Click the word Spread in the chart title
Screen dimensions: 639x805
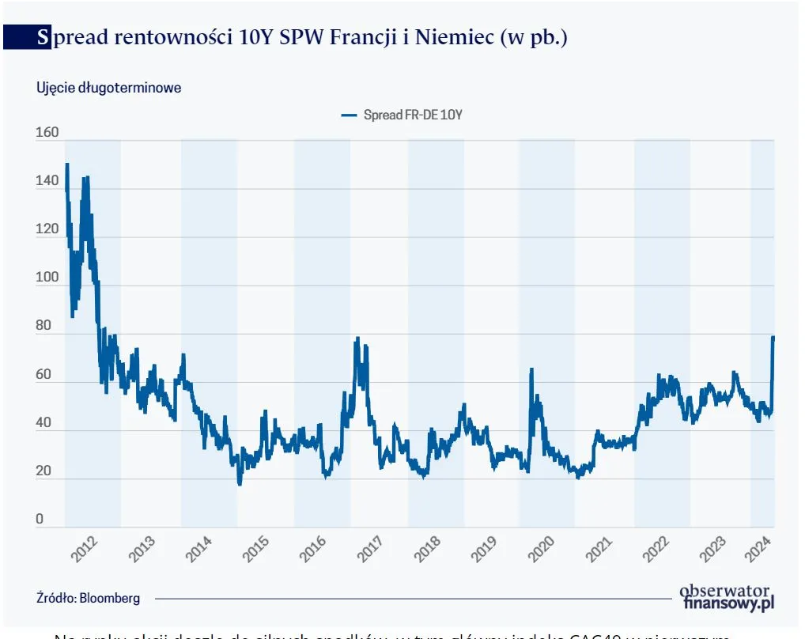tap(72, 37)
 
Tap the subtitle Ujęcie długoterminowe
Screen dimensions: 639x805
tap(108, 88)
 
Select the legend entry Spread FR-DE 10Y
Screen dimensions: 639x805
tap(402, 115)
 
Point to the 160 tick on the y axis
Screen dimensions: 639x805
tap(47, 133)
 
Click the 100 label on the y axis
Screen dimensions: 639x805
tap(47, 278)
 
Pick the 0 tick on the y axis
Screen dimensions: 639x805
tap(40, 520)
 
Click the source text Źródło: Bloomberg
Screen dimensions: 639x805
tap(88, 598)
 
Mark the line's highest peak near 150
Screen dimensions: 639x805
tap(67, 165)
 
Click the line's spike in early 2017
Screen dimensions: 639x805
tap(357, 339)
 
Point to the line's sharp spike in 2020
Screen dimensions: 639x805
tap(531, 369)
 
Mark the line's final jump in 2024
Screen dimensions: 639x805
tap(773, 338)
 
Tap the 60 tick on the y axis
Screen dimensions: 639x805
tap(43, 375)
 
